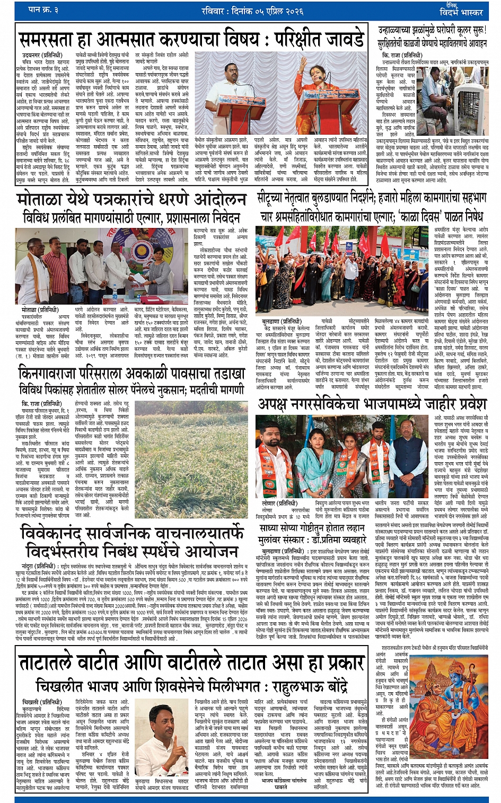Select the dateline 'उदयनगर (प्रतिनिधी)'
click(x=42, y=55)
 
